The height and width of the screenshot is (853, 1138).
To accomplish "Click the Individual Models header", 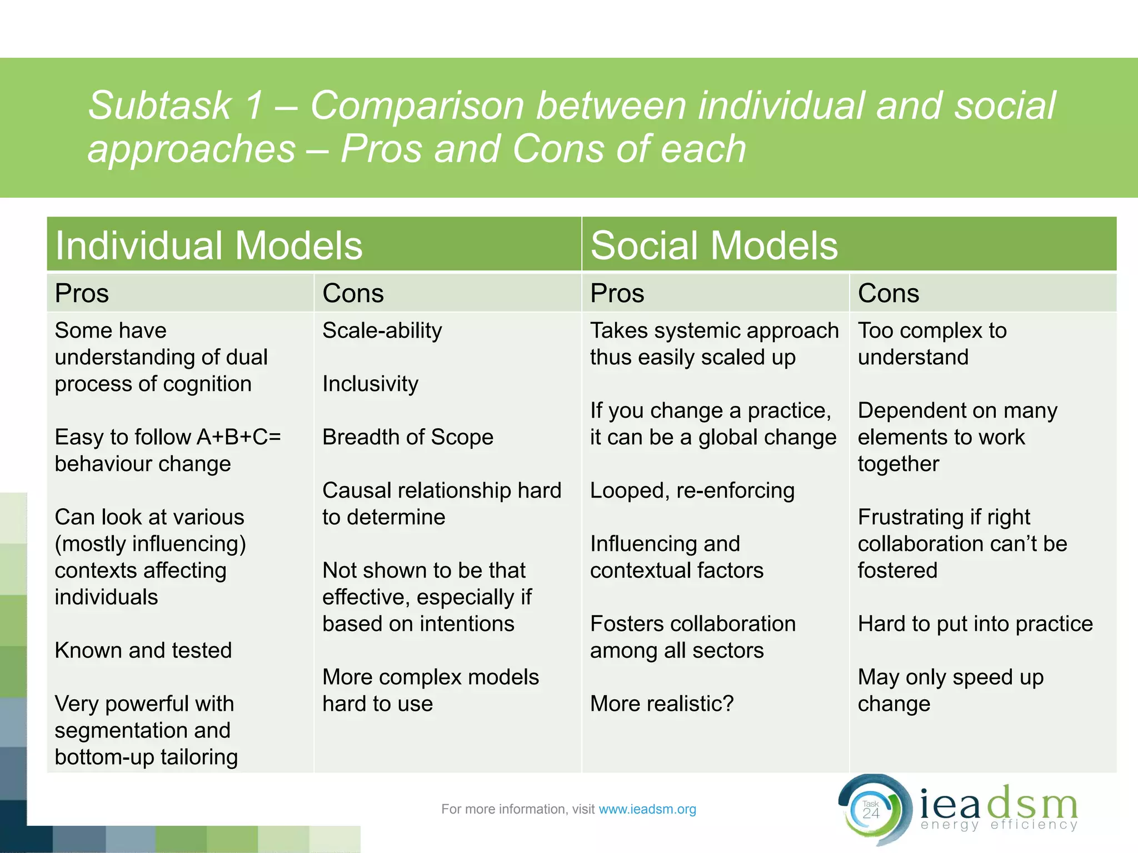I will pyautogui.click(x=208, y=245).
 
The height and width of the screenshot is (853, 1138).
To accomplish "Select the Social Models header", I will pyautogui.click(x=713, y=245).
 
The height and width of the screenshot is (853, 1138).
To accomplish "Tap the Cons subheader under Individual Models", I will pyautogui.click(x=353, y=293).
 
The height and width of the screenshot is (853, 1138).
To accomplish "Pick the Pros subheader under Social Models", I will pyautogui.click(x=617, y=293).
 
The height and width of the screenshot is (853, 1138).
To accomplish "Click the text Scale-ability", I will pyautogui.click(x=382, y=330).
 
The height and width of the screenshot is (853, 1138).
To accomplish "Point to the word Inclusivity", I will pyautogui.click(x=370, y=384).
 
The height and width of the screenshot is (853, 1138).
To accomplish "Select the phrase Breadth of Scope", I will pyautogui.click(x=407, y=437).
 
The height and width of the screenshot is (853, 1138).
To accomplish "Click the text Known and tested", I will pyautogui.click(x=143, y=650).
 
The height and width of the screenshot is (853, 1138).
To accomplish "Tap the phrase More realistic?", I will pyautogui.click(x=661, y=704).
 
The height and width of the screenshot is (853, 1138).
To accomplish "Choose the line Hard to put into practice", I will pyautogui.click(x=975, y=624).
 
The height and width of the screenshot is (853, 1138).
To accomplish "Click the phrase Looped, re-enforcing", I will pyautogui.click(x=692, y=490).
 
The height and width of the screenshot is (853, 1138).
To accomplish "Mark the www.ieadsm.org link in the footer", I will pyautogui.click(x=647, y=809).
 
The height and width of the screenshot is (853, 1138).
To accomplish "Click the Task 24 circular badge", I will pyautogui.click(x=871, y=811).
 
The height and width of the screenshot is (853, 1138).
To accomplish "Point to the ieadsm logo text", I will pyautogui.click(x=998, y=804).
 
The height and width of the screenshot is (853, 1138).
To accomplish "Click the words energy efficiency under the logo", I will pyautogui.click(x=999, y=825).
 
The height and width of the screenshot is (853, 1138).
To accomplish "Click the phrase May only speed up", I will pyautogui.click(x=950, y=677).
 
